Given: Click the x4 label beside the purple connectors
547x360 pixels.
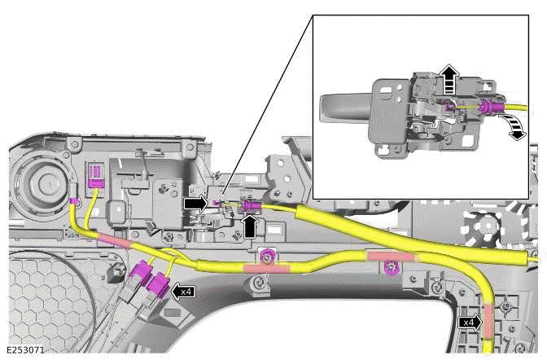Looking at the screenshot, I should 185,291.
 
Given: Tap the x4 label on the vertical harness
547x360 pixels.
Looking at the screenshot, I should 469,323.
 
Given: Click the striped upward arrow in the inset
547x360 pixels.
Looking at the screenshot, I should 448,80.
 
